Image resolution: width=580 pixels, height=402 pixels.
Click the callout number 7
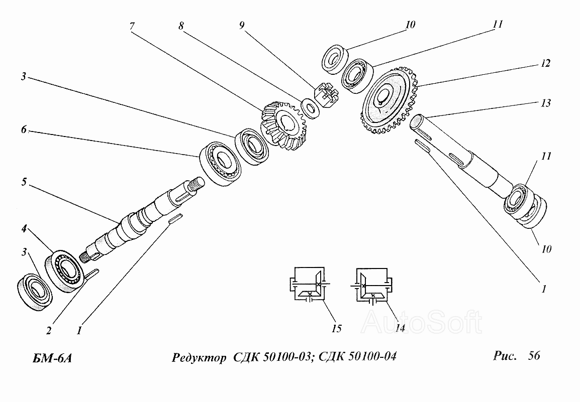[132, 25]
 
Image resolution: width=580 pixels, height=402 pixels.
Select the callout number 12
[545, 64]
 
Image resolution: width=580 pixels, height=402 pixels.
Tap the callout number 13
[546, 103]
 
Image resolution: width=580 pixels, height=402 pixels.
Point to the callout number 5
[24, 182]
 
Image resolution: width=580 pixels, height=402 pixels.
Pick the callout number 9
[242, 25]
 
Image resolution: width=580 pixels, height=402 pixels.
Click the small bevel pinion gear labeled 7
[282, 124]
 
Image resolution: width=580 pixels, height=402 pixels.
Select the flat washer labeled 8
[309, 106]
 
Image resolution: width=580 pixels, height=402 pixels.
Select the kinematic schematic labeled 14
[372, 286]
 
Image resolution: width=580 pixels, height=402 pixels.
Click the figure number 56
[534, 356]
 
